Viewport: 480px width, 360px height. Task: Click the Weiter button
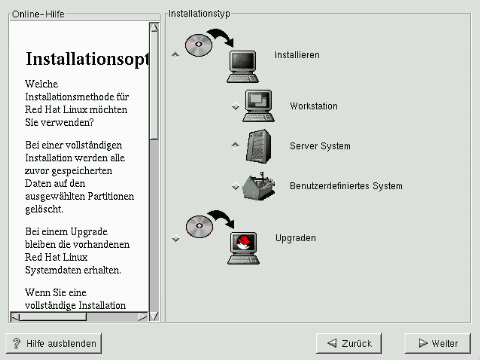[437, 343]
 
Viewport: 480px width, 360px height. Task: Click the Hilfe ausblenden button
[54, 343]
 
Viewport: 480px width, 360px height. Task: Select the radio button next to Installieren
[175, 55]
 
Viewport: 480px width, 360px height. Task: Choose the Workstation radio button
[235, 106]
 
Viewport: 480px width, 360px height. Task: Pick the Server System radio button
[235, 145]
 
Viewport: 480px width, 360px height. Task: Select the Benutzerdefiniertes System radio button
[235, 186]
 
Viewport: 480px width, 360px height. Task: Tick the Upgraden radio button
[175, 238]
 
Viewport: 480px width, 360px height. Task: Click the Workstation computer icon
[259, 106]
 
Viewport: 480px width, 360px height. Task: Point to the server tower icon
[259, 146]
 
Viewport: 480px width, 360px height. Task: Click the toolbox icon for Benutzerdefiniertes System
[259, 186]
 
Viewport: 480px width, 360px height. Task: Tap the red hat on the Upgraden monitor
[243, 242]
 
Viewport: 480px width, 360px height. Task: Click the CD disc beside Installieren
[199, 45]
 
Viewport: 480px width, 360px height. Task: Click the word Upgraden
[295, 238]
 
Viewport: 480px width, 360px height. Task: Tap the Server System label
[320, 146]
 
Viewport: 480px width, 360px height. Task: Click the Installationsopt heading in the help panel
[87, 59]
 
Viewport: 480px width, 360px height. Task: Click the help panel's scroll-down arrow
[154, 316]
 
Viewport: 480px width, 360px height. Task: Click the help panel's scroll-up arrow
[154, 27]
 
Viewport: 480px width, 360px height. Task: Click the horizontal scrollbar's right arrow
[143, 316]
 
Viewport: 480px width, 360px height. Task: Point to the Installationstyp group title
[199, 14]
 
